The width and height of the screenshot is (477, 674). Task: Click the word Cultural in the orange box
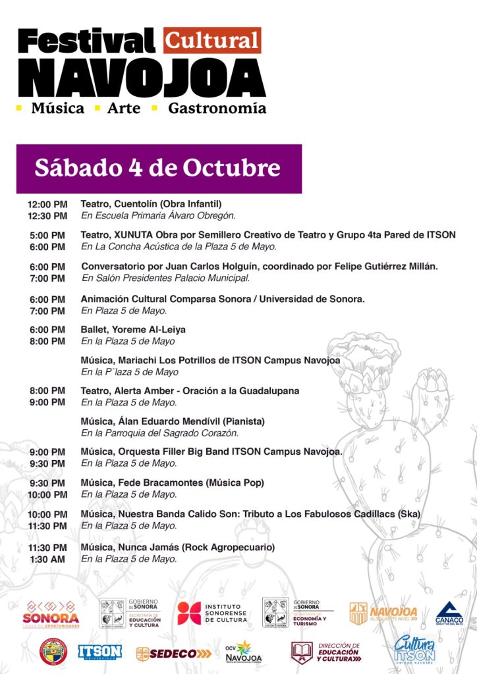212,41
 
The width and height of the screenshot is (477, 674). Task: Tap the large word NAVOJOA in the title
142,78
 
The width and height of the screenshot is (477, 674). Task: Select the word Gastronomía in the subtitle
217,108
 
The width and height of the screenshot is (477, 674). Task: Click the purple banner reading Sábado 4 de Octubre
159,168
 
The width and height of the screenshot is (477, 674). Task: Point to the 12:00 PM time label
47,204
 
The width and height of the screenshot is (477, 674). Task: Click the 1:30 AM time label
47,559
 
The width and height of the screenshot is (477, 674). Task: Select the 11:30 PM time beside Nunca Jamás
47,547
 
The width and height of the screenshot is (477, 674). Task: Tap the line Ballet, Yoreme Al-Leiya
133,329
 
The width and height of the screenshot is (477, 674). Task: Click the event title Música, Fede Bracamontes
172,482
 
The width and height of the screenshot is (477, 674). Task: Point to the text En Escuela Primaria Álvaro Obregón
158,215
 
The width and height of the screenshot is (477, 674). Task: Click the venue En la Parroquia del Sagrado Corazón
159,432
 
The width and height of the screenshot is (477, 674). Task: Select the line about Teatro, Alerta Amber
190,390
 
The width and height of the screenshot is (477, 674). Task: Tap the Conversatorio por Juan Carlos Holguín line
260,266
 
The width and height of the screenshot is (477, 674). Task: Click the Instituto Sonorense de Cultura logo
211,613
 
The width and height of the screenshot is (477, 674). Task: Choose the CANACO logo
449,613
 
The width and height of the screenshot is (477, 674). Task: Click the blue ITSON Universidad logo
99,651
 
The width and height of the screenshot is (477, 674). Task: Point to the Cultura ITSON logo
415,650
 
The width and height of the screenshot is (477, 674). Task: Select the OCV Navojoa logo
243,651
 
